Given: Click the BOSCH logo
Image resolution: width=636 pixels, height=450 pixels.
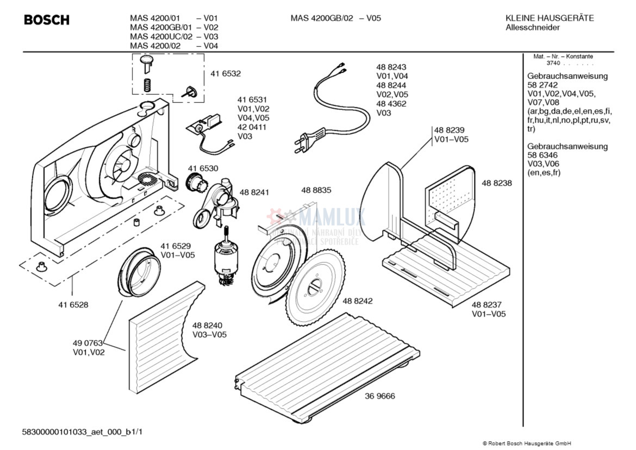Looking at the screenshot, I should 47,20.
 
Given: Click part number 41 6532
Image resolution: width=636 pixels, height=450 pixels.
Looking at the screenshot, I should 226,73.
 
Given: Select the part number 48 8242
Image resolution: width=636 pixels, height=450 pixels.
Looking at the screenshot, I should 357,301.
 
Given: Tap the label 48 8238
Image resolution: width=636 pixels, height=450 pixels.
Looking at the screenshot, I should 496,183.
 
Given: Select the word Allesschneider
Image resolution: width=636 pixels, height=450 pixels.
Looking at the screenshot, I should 533,27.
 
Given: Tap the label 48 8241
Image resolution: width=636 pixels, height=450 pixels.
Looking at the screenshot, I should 254,192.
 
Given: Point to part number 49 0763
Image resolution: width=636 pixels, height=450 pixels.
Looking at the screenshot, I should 88,343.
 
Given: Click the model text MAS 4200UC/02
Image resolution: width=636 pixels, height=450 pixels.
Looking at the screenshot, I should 161,36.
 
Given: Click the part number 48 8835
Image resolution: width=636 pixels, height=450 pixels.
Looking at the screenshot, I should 316,190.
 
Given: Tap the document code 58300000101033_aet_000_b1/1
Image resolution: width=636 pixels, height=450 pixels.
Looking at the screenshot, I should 83,432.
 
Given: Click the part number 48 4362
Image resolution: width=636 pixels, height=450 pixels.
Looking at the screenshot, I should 391,103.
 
